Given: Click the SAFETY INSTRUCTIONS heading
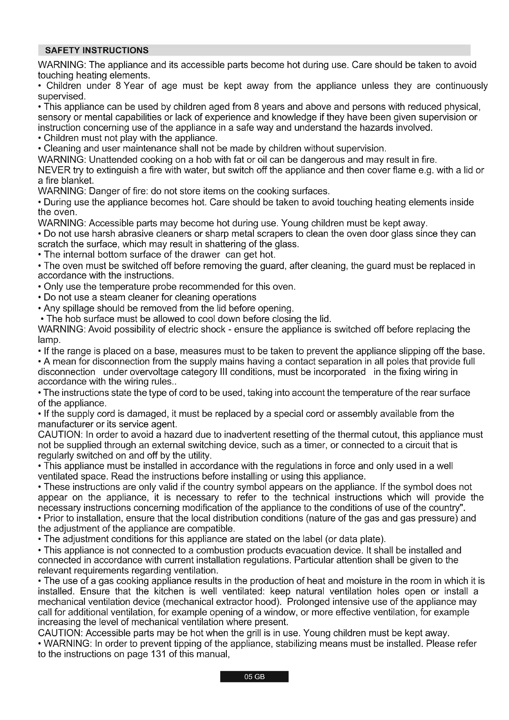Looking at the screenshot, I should pos(97,50).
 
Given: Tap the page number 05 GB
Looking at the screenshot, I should pos(254,677).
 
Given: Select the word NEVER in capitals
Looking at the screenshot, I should pos(54,170).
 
